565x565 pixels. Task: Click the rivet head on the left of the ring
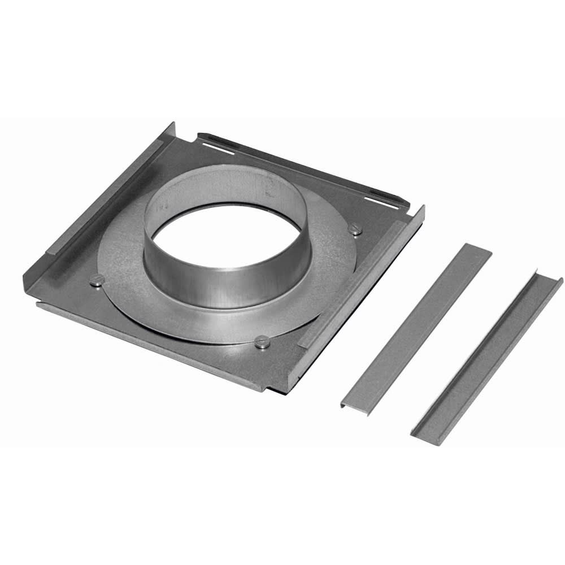(97, 279)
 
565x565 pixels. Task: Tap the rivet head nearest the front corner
(262, 341)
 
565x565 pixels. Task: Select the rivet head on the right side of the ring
(355, 229)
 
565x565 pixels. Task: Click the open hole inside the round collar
(226, 237)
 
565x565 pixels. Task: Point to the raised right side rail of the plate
(362, 282)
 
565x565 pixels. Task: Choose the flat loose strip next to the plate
(415, 328)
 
